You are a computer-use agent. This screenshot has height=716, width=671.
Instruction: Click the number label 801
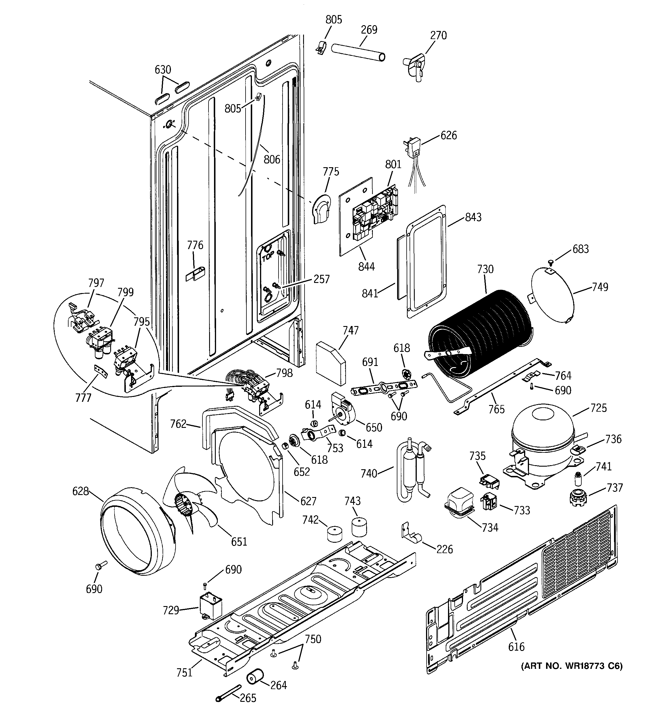tap(393, 164)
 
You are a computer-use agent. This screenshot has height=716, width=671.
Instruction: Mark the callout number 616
tap(516, 647)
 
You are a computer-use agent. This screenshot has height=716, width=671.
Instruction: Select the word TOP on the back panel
tap(268, 256)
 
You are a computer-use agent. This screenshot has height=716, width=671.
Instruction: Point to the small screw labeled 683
tap(551, 261)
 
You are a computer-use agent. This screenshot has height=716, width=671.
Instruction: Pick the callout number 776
tap(195, 245)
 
